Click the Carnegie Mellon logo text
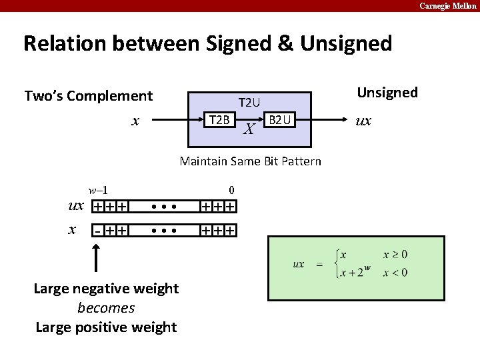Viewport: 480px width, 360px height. tap(447, 6)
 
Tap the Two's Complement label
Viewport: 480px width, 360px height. tap(89, 96)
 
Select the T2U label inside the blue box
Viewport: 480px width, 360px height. tap(249, 103)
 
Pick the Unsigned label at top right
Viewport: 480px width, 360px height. tap(387, 93)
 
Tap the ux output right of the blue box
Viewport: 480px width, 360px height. tap(363, 121)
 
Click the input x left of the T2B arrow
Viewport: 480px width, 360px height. tap(135, 121)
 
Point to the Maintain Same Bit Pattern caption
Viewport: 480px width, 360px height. tap(251, 161)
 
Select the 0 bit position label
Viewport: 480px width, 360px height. tap(231, 190)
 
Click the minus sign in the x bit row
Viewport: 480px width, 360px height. tap(97, 231)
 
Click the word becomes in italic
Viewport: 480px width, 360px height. tap(106, 308)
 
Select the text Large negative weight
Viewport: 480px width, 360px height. tap(106, 289)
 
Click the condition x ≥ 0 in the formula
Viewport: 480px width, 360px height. tap(395, 255)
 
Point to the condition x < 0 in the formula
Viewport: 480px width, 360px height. tap(395, 272)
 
